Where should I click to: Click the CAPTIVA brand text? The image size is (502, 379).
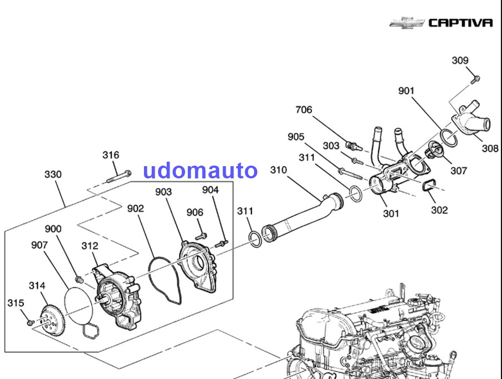(460, 23)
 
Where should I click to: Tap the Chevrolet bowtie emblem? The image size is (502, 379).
(406, 23)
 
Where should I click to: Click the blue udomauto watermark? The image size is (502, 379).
(200, 170)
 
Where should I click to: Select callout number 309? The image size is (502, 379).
(460, 61)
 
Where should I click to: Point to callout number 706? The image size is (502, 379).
(304, 110)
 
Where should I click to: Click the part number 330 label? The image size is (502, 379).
(53, 174)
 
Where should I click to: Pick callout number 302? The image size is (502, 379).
(439, 210)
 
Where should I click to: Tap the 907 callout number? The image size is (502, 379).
(39, 245)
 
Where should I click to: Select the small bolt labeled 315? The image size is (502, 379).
(29, 322)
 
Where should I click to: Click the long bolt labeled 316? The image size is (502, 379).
(117, 179)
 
